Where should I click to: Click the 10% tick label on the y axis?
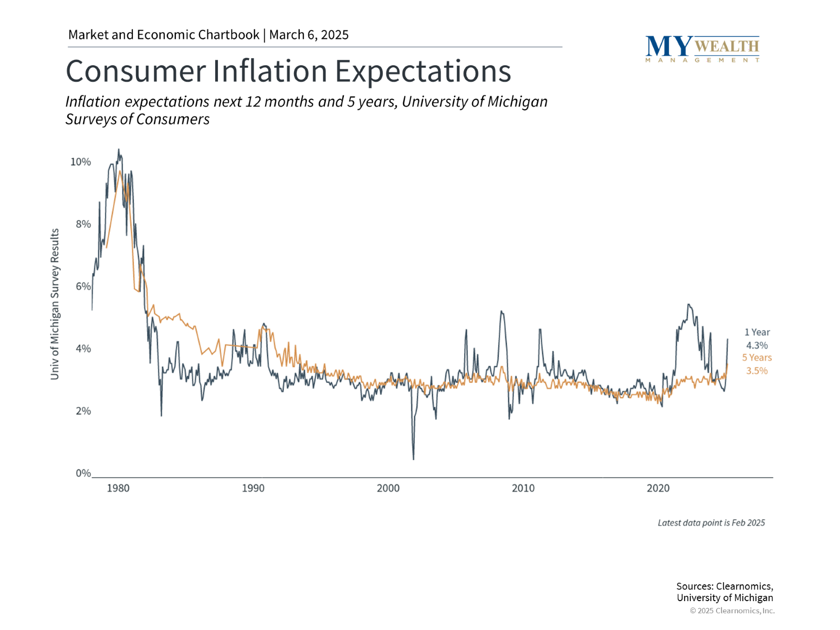click(80, 162)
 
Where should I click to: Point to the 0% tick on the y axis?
click(83, 473)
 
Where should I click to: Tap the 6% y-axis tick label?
click(83, 286)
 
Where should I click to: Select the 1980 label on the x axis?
click(118, 488)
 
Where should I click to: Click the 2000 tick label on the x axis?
click(388, 488)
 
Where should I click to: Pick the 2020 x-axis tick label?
click(658, 488)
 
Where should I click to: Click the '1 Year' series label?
click(757, 332)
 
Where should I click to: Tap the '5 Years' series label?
click(757, 358)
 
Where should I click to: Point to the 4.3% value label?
click(757, 345)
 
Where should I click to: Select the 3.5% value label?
click(757, 371)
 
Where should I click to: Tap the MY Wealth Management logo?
click(702, 49)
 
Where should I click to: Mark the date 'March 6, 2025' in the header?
click(309, 35)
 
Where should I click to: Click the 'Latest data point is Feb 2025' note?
click(711, 523)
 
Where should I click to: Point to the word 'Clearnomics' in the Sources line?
click(744, 586)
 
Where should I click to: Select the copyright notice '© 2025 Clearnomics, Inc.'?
click(732, 611)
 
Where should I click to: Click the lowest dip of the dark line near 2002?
click(414, 459)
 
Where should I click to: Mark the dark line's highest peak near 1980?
click(118, 149)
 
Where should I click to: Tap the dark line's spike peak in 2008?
click(501, 311)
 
